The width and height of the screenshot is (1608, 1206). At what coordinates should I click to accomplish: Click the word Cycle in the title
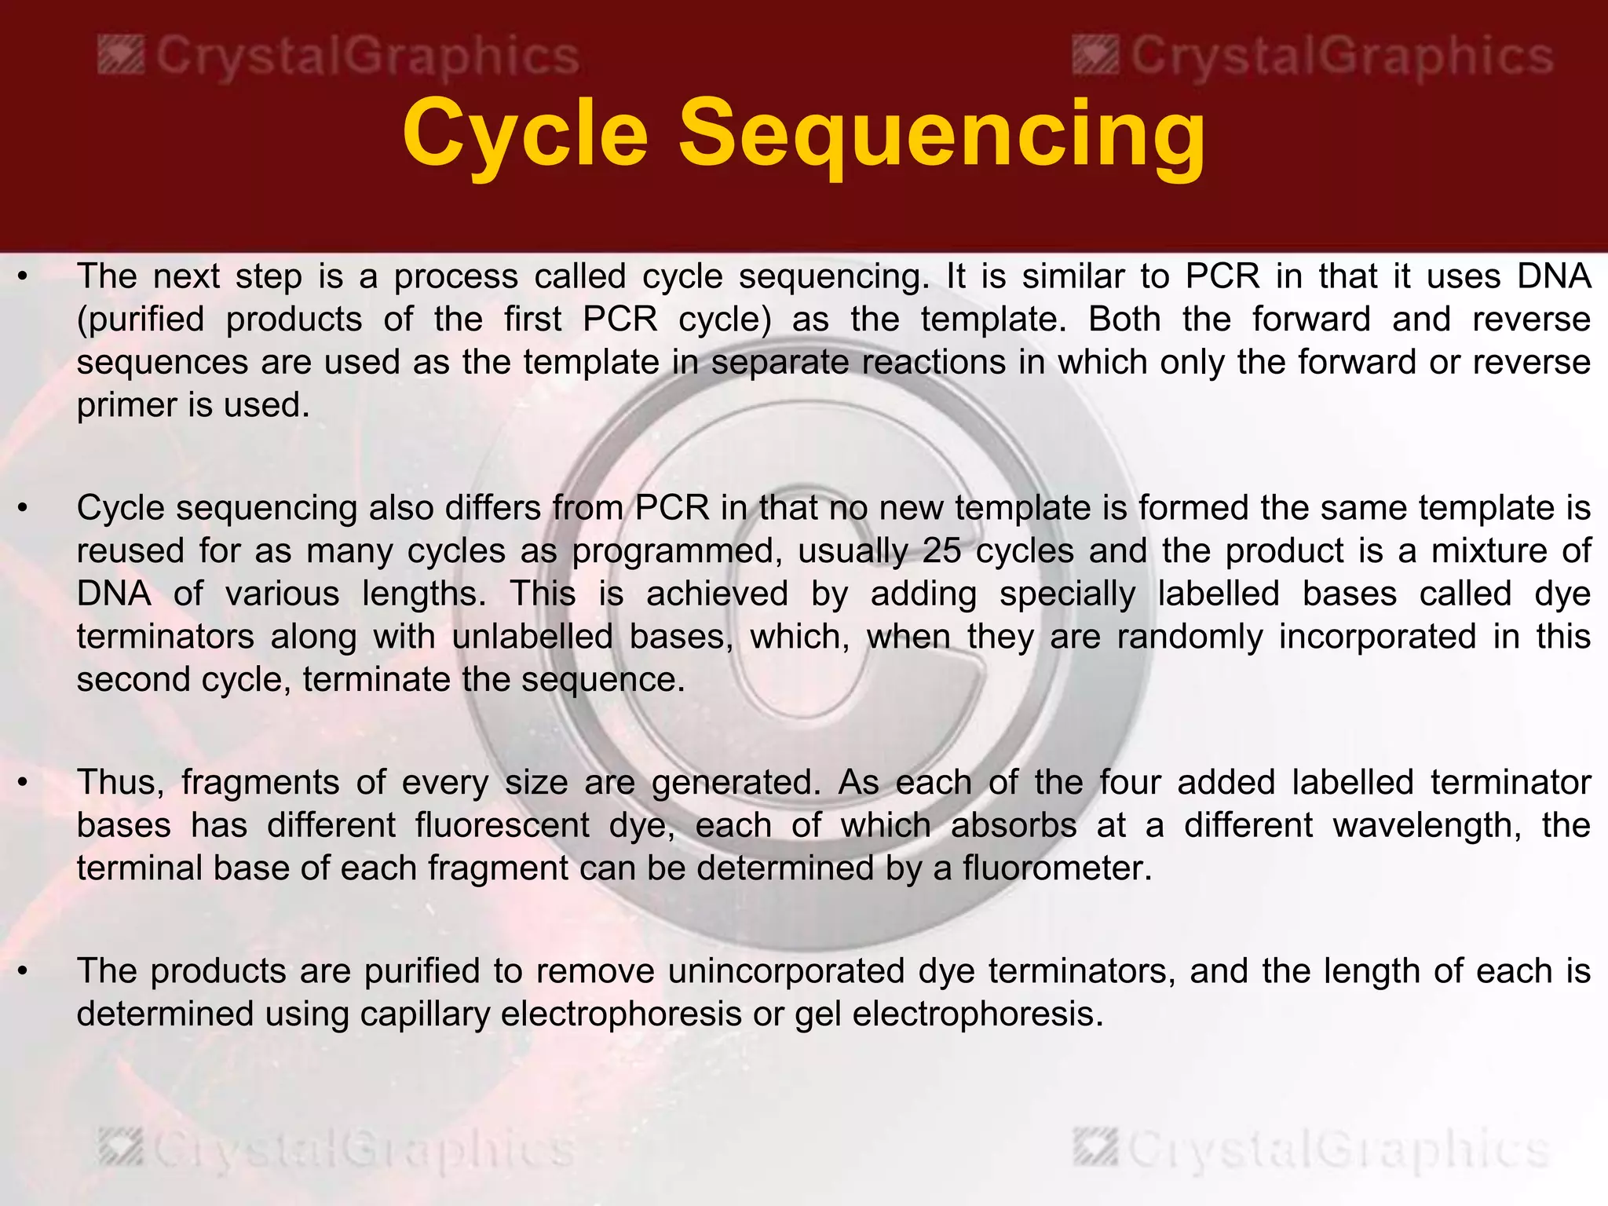click(x=525, y=133)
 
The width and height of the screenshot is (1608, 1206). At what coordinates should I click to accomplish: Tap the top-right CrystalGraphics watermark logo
click(x=1313, y=57)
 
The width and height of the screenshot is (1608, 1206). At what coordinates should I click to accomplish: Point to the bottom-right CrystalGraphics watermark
click(x=1313, y=1149)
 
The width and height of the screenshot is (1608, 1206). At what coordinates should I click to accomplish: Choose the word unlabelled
click(x=532, y=637)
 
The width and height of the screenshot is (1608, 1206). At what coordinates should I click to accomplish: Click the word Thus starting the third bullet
click(x=119, y=783)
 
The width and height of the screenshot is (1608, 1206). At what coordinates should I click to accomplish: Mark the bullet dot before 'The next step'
click(x=24, y=277)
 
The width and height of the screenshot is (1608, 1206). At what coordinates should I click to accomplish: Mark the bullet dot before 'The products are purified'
click(x=24, y=972)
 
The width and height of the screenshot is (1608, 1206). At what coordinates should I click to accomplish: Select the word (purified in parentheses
click(x=141, y=320)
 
